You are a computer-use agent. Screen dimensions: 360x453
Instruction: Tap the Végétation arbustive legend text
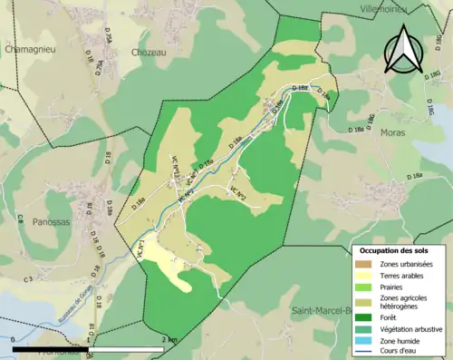tap(413, 328)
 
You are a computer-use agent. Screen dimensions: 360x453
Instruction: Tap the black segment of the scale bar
tap(51, 348)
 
